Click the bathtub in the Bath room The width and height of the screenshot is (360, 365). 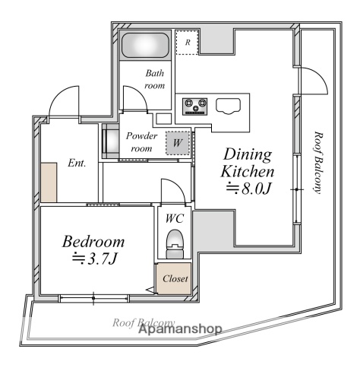(x=145, y=46)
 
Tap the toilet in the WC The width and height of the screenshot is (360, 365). (x=175, y=244)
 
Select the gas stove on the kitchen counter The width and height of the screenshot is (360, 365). (x=194, y=106)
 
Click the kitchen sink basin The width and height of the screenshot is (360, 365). (x=228, y=106)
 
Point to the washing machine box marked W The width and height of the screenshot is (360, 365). (x=178, y=143)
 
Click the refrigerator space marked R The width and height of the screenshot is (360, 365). (x=187, y=43)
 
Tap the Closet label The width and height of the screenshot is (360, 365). (x=175, y=279)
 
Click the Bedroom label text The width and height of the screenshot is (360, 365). (x=93, y=242)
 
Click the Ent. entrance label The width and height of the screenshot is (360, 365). (x=77, y=163)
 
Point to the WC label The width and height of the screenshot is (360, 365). (x=175, y=218)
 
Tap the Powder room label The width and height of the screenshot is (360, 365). (x=141, y=142)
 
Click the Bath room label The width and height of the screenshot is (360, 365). (x=154, y=79)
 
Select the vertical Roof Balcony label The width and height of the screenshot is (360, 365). (x=318, y=162)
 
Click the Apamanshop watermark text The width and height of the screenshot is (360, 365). (x=181, y=329)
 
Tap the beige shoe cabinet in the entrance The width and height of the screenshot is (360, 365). (x=49, y=182)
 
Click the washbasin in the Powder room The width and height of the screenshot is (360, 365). (x=111, y=141)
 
